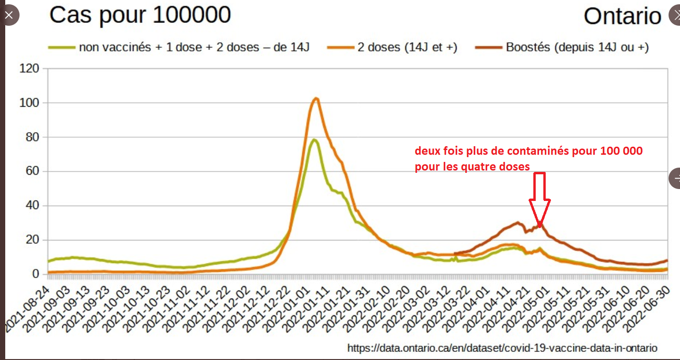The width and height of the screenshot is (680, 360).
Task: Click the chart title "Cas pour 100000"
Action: point(140,15)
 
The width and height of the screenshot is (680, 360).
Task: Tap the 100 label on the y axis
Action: point(29,103)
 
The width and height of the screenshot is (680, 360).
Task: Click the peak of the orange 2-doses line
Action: point(316,99)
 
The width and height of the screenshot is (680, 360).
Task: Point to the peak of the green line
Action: point(314,140)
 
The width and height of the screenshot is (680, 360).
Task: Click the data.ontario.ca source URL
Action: point(502,348)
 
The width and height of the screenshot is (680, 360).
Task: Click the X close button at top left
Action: point(9,15)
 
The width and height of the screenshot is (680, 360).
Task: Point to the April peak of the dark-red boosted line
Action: point(518,222)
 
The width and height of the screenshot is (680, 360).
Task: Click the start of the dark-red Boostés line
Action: point(456,253)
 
